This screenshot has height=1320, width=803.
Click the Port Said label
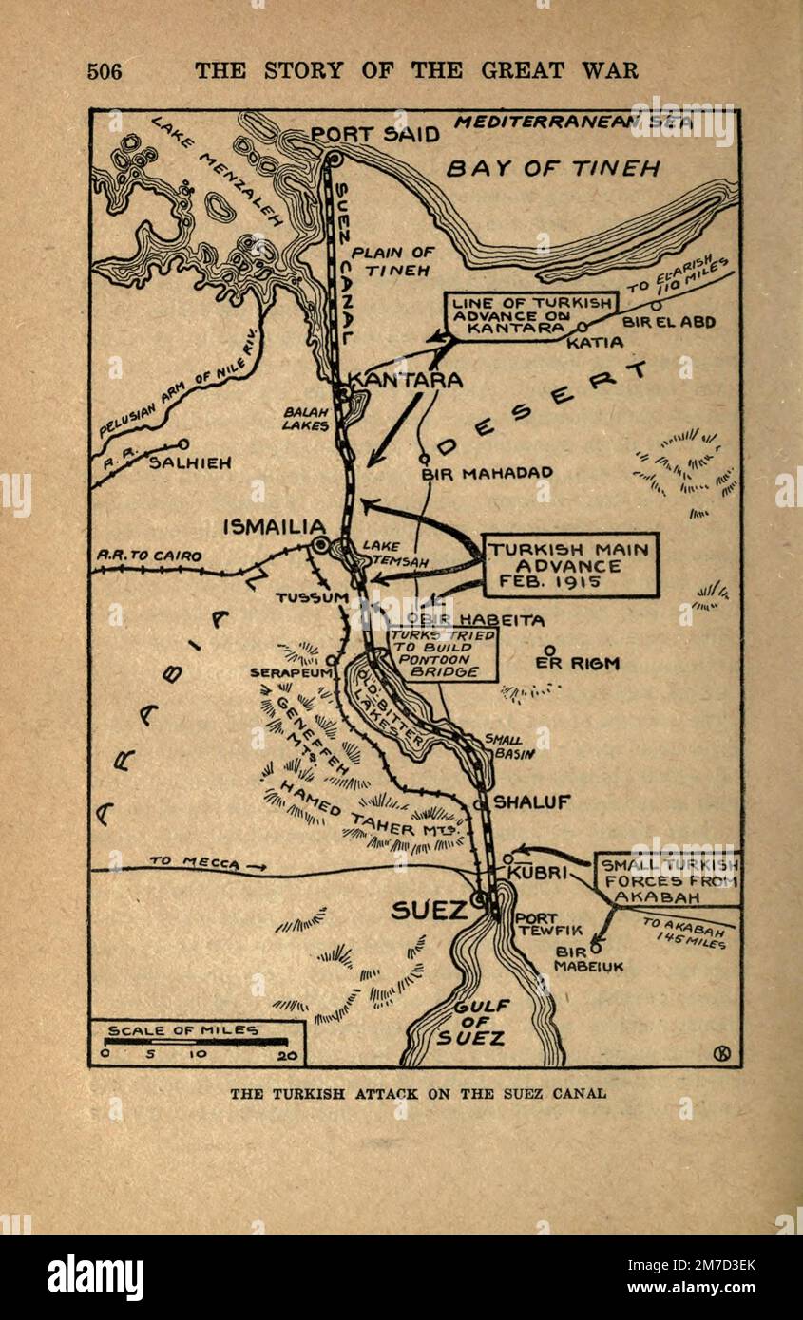pos(375,134)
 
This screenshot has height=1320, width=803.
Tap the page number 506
pos(105,70)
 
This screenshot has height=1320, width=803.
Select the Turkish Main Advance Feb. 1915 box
pos(569,564)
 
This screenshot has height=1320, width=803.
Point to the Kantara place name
pos(406,381)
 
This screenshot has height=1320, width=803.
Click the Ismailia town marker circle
pos(321,545)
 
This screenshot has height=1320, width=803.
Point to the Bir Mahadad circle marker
pos(425,459)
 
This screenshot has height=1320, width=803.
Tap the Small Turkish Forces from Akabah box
pos(666,879)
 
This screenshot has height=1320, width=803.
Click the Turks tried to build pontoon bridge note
pos(441,653)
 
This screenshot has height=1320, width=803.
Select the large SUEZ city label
pos(430,911)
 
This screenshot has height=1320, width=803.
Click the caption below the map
pos(417,1093)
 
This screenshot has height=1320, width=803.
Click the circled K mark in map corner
pos(719,1052)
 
